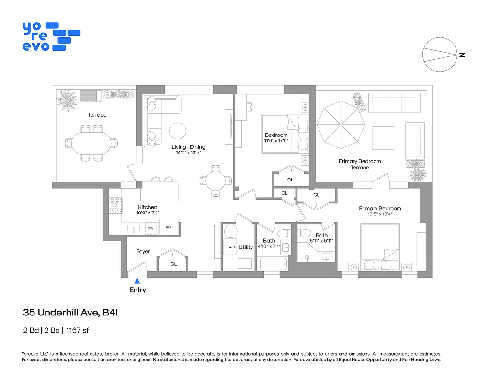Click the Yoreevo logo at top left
click(x=51, y=36)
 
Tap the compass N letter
click(x=462, y=55)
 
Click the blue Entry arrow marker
click(x=137, y=281)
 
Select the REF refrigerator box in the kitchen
click(x=169, y=228)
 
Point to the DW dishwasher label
click(x=151, y=228)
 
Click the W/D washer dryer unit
click(x=231, y=247)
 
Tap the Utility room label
click(x=246, y=247)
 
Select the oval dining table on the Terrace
click(x=91, y=143)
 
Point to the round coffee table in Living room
click(x=178, y=130)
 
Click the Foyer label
click(x=143, y=251)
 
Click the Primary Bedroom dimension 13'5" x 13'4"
click(x=380, y=214)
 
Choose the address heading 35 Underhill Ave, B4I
click(x=70, y=313)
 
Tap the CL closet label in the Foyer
click(x=173, y=264)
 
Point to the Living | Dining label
click(x=188, y=147)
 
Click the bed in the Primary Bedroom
click(x=380, y=248)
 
